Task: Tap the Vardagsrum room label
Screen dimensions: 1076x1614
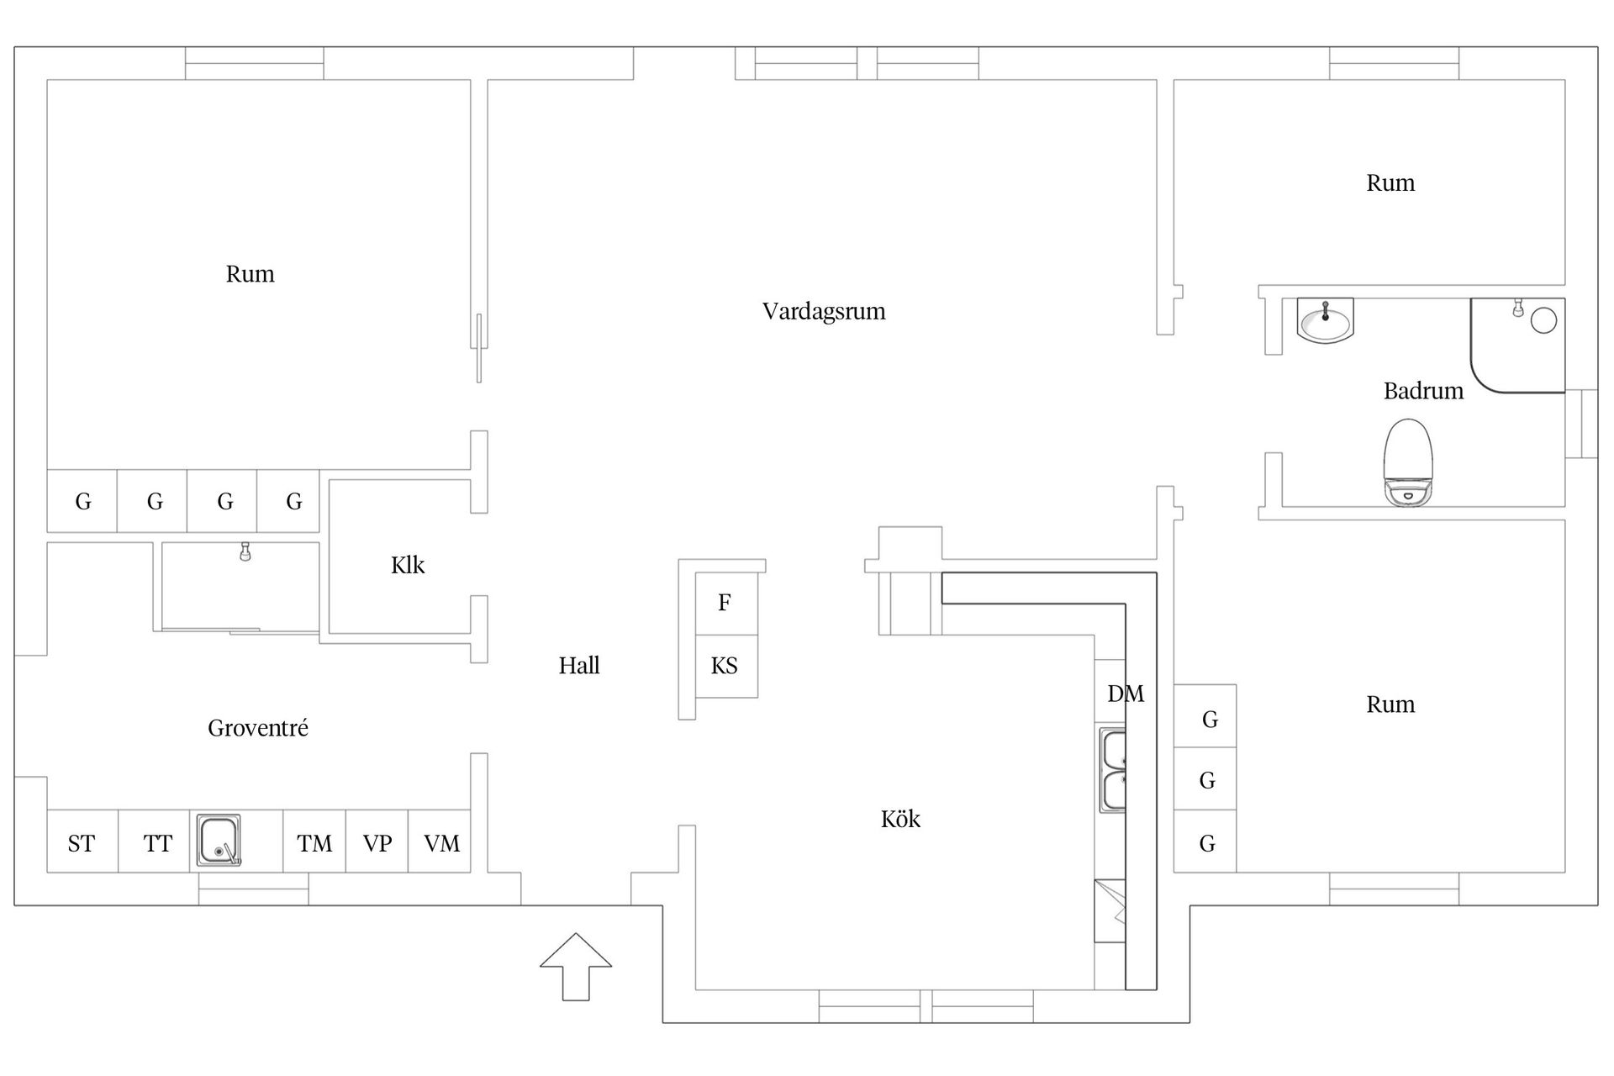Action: [x=823, y=312]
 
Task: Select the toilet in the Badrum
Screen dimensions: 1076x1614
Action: [x=1407, y=462]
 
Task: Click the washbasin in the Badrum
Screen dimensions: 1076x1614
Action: [x=1325, y=321]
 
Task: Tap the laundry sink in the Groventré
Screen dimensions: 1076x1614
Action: [x=219, y=840]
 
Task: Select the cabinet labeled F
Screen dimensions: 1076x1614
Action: [x=725, y=603]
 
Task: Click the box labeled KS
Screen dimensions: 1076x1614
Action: [x=725, y=667]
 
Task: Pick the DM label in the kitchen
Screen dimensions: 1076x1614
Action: [x=1125, y=694]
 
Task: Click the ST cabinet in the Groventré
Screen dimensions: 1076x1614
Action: [x=82, y=843]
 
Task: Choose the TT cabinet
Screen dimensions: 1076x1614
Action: [x=156, y=843]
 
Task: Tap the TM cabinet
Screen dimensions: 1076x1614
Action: [x=314, y=843]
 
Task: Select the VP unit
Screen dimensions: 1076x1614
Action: [x=377, y=843]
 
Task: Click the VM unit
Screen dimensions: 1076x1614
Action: [x=440, y=843]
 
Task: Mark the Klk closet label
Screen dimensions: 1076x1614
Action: [x=408, y=566]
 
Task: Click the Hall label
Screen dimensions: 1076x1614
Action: [x=579, y=667]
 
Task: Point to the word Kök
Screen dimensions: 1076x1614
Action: [x=900, y=820]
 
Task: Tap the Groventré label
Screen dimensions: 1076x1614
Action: [x=257, y=728]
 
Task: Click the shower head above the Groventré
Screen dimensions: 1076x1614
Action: [x=245, y=552]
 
